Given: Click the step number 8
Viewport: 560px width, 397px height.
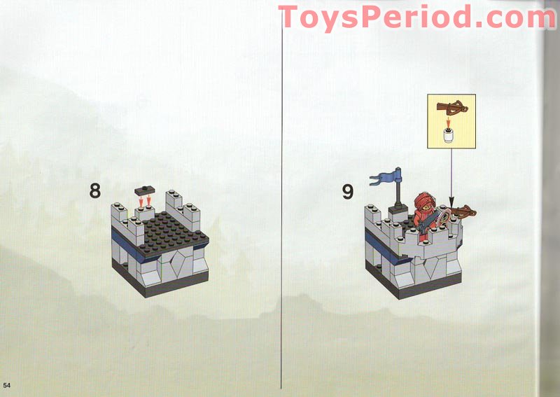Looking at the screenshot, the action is pos(95,191).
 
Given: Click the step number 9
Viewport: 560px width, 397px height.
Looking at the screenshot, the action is pos(348,192).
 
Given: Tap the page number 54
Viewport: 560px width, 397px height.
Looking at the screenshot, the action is pos(7,385).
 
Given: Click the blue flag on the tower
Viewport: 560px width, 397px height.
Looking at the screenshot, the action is pos(385,177).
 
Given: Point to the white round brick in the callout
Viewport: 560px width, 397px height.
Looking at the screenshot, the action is pos(448,136).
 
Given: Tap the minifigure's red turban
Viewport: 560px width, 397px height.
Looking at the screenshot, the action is pos(425,200).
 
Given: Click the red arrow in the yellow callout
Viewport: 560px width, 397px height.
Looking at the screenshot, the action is pos(448,122).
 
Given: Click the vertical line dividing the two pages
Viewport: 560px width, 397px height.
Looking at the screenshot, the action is pos(281,200).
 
